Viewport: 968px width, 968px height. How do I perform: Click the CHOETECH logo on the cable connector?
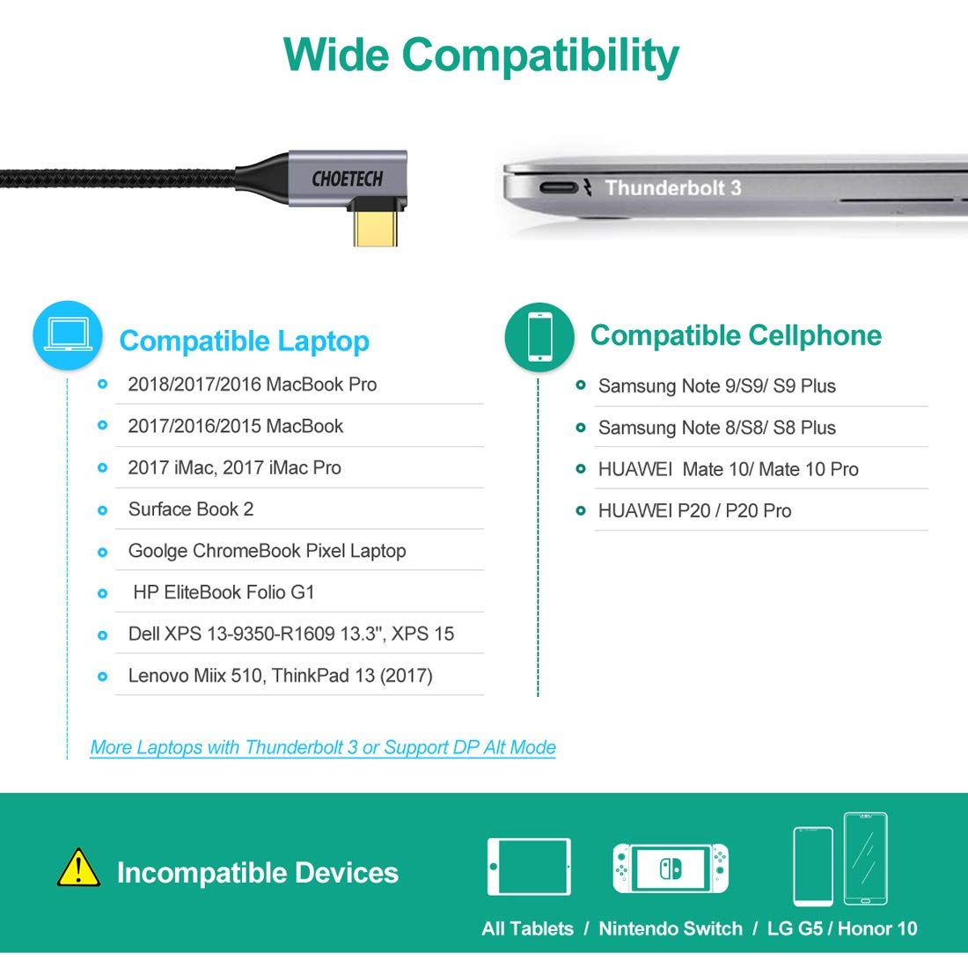coord(348,179)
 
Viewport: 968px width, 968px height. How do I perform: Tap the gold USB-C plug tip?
coord(377,228)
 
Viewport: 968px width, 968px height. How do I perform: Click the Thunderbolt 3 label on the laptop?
coord(672,187)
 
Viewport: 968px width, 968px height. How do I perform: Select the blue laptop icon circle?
coord(67,335)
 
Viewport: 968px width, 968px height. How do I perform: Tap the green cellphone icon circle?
coord(539,336)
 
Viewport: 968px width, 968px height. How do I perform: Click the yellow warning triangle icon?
coord(78,868)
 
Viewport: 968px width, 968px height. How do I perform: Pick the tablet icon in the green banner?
coord(529,867)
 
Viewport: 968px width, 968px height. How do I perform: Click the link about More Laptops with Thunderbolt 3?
coord(323,747)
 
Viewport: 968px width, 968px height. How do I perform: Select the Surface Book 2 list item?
coord(191,510)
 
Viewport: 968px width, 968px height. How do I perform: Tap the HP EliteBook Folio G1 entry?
coord(224,592)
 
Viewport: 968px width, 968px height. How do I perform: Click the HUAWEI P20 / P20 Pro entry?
coord(694,510)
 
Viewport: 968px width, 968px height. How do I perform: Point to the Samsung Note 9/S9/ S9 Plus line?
coord(716,386)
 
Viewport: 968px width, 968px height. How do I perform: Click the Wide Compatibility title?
coord(481,55)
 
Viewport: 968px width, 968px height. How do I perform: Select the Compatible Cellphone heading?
coord(736,335)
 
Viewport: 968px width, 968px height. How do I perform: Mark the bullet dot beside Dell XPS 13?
coord(103,634)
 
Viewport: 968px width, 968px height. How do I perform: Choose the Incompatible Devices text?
coord(257,872)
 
